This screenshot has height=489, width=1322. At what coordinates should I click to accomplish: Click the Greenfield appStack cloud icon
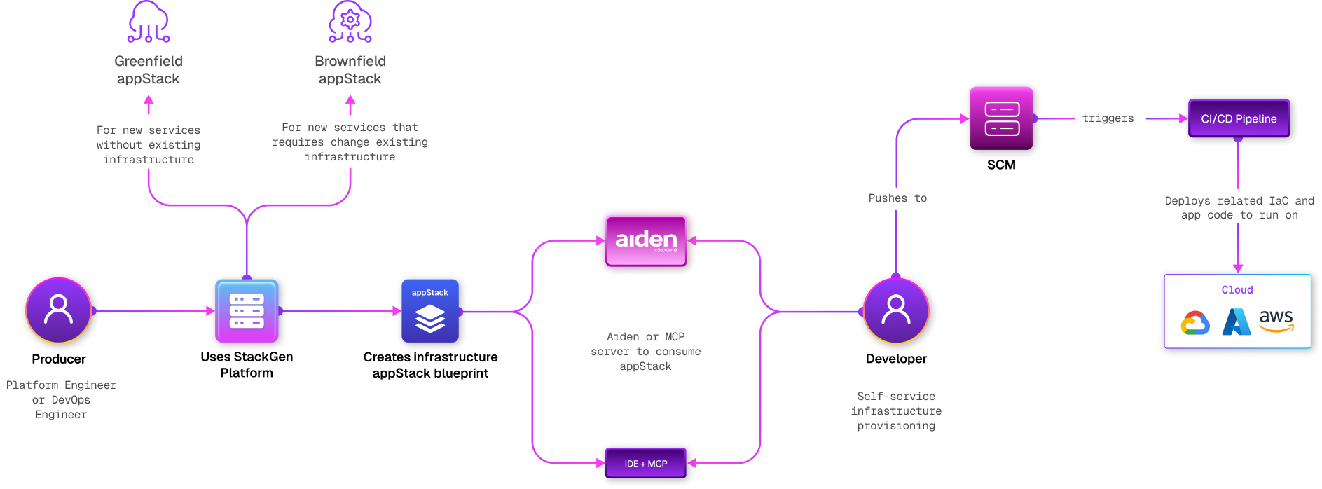click(149, 22)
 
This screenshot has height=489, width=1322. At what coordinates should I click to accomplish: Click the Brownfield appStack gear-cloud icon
click(350, 22)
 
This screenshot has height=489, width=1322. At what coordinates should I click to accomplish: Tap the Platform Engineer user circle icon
click(59, 310)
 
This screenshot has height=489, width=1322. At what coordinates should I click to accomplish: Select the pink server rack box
click(247, 311)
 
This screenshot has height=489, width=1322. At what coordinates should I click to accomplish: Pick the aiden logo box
click(646, 240)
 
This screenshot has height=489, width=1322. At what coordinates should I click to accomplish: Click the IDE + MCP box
click(646, 464)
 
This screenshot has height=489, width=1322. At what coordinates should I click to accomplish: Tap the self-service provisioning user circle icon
click(896, 310)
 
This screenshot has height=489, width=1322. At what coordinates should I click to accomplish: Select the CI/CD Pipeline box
click(1239, 119)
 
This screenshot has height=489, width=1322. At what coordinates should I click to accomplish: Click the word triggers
click(1108, 118)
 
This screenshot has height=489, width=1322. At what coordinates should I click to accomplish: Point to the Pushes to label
click(897, 198)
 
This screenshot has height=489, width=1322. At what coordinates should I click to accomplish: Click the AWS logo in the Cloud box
click(1276, 321)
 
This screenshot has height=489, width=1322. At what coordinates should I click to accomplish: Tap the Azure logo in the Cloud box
click(1237, 322)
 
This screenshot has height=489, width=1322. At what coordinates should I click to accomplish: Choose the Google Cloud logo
click(1195, 323)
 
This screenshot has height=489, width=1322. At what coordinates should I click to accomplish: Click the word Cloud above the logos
click(1237, 290)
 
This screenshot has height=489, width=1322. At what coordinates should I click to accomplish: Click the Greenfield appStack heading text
click(149, 70)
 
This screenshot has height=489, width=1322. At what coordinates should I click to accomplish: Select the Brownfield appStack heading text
click(350, 70)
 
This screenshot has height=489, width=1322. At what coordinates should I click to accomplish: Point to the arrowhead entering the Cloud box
click(1238, 268)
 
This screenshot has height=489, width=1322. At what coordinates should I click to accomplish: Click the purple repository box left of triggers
click(1002, 119)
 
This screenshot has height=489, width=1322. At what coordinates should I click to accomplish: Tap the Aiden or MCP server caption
click(645, 352)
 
